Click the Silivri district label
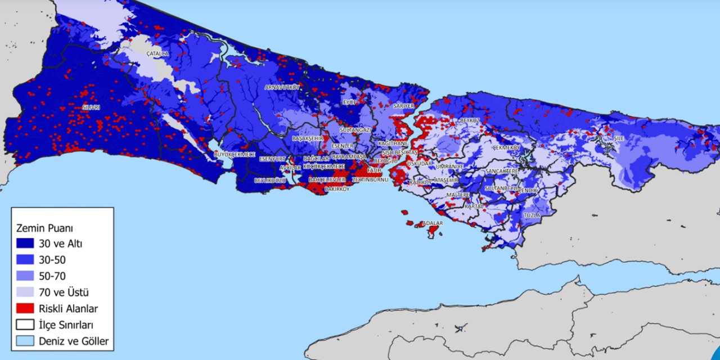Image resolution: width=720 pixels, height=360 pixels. (91, 107)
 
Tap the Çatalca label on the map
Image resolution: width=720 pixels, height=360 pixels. (157, 53)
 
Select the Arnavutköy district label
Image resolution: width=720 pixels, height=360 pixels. (282, 87)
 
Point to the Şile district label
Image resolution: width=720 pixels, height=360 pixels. (619, 138)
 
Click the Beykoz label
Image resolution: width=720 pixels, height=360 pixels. (470, 120)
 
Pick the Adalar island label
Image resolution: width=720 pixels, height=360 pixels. (433, 223)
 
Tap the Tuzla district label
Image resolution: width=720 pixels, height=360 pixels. (532, 215)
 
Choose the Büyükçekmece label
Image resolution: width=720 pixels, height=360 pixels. (235, 154)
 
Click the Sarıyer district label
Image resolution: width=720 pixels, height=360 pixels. (403, 105)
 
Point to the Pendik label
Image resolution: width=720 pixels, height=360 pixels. (528, 191)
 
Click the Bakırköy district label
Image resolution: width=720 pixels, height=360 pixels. (337, 189)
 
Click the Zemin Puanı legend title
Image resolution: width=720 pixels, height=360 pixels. (45, 228)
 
